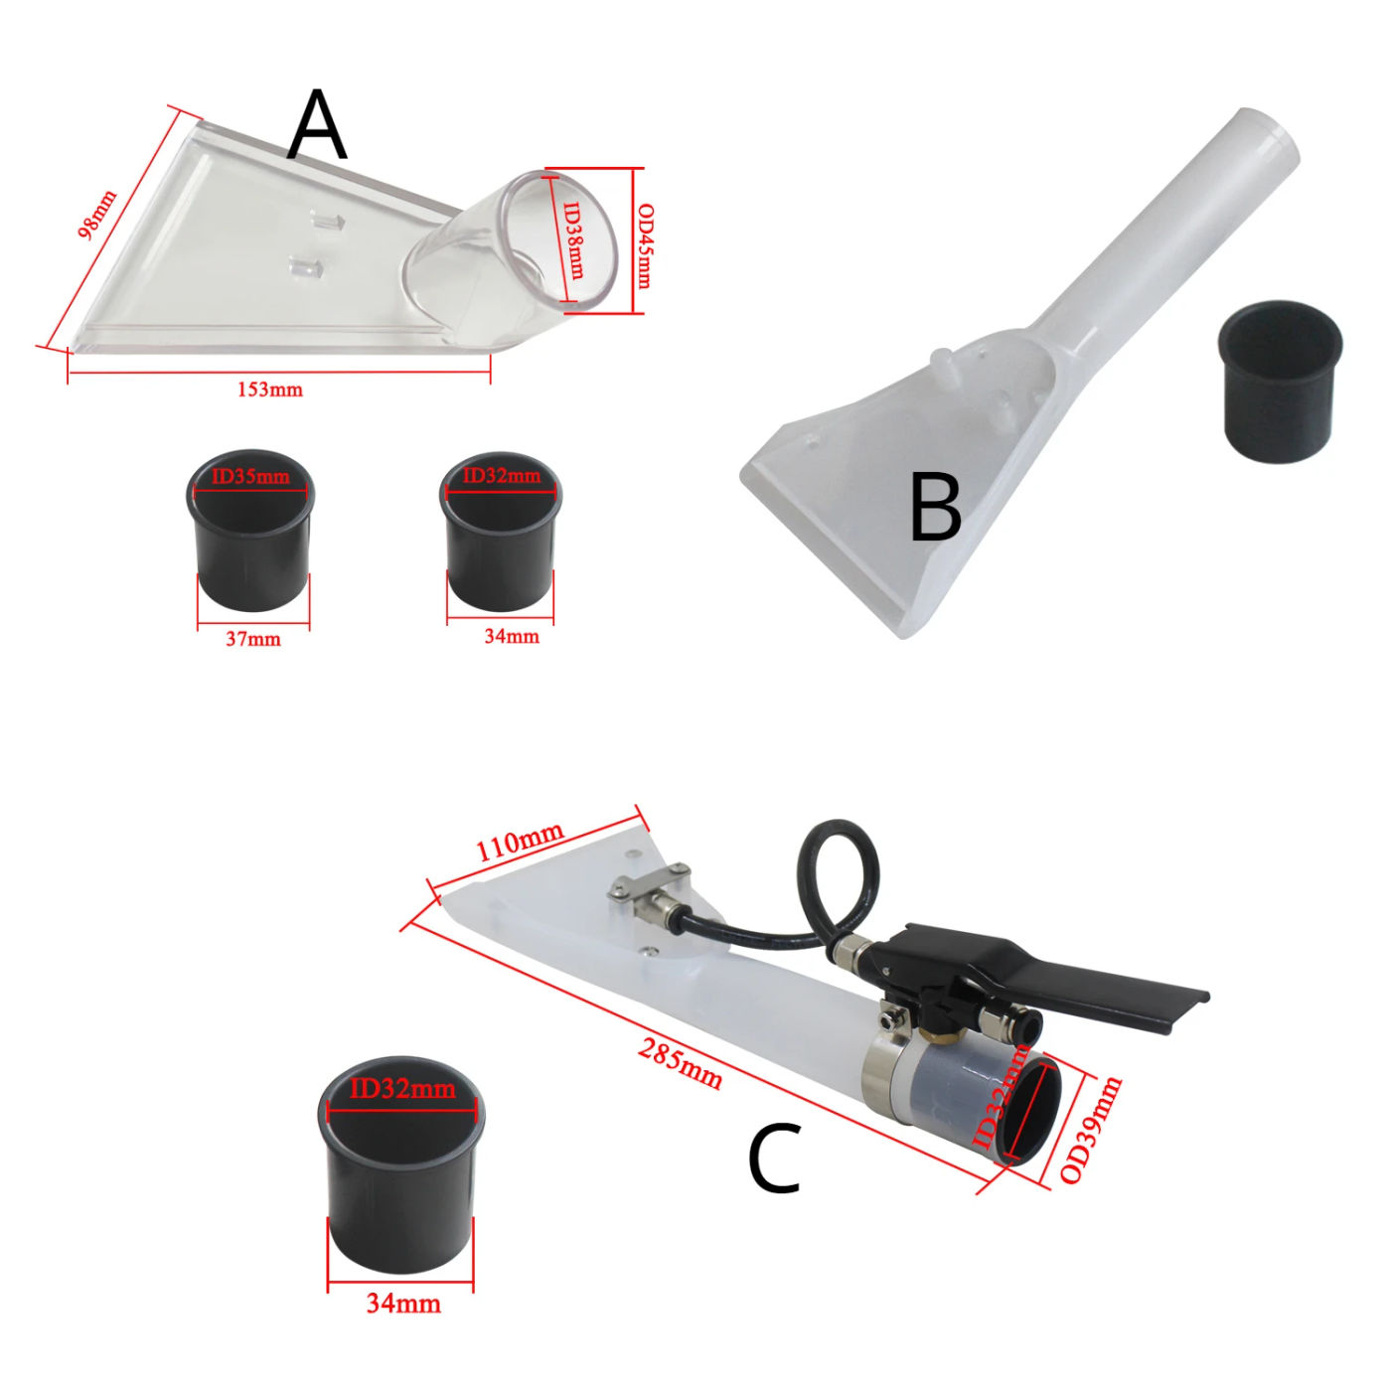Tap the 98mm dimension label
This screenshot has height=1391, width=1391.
[x=97, y=216]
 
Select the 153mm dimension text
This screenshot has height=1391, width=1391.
[x=270, y=389]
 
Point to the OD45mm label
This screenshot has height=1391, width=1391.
[x=645, y=245]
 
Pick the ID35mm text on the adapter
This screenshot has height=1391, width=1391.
[x=250, y=477]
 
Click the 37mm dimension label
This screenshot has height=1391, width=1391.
[x=252, y=639]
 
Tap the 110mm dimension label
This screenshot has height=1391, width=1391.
[x=519, y=842]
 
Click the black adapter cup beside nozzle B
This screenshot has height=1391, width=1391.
[x=1280, y=382]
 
